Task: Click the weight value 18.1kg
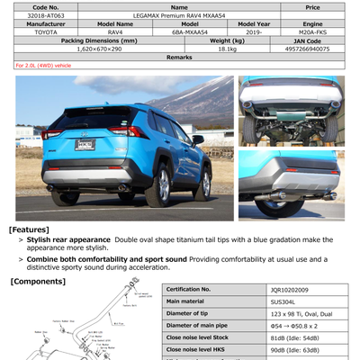pos(227,49)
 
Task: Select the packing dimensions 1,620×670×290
pos(99,49)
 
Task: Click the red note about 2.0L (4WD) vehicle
pos(45,66)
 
